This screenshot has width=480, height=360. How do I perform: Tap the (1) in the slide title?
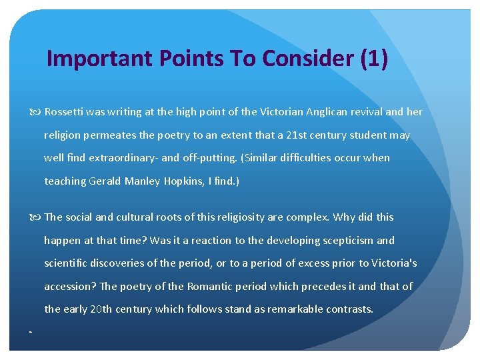(373, 59)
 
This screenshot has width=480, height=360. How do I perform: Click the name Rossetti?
(65, 112)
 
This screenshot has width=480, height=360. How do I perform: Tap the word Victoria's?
(394, 263)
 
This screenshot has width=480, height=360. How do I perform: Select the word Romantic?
(213, 287)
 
